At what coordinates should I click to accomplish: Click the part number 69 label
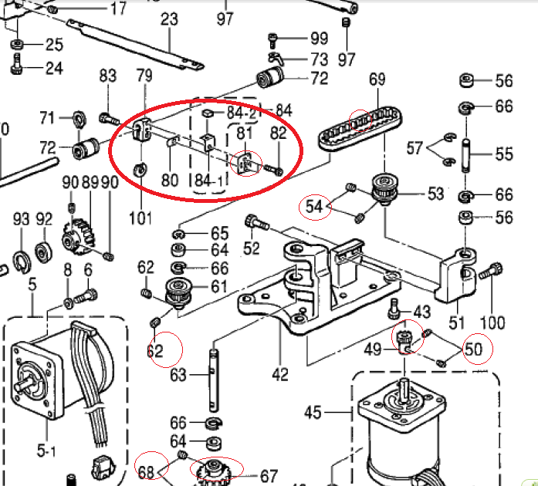coord(377,79)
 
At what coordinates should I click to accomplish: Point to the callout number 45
coord(312,413)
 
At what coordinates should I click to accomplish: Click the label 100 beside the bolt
coord(492,322)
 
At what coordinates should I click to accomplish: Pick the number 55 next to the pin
coord(503,154)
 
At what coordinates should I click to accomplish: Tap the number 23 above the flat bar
coord(169,19)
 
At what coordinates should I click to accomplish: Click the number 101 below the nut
coord(140,218)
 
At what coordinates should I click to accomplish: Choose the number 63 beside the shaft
coord(178,376)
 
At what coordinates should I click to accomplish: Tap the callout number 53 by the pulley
coord(435,194)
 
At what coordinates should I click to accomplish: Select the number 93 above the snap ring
coord(22,219)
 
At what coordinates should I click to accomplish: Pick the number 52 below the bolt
coord(252,248)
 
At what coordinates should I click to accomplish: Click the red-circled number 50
coord(473,349)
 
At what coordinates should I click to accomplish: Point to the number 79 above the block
coord(144,76)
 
